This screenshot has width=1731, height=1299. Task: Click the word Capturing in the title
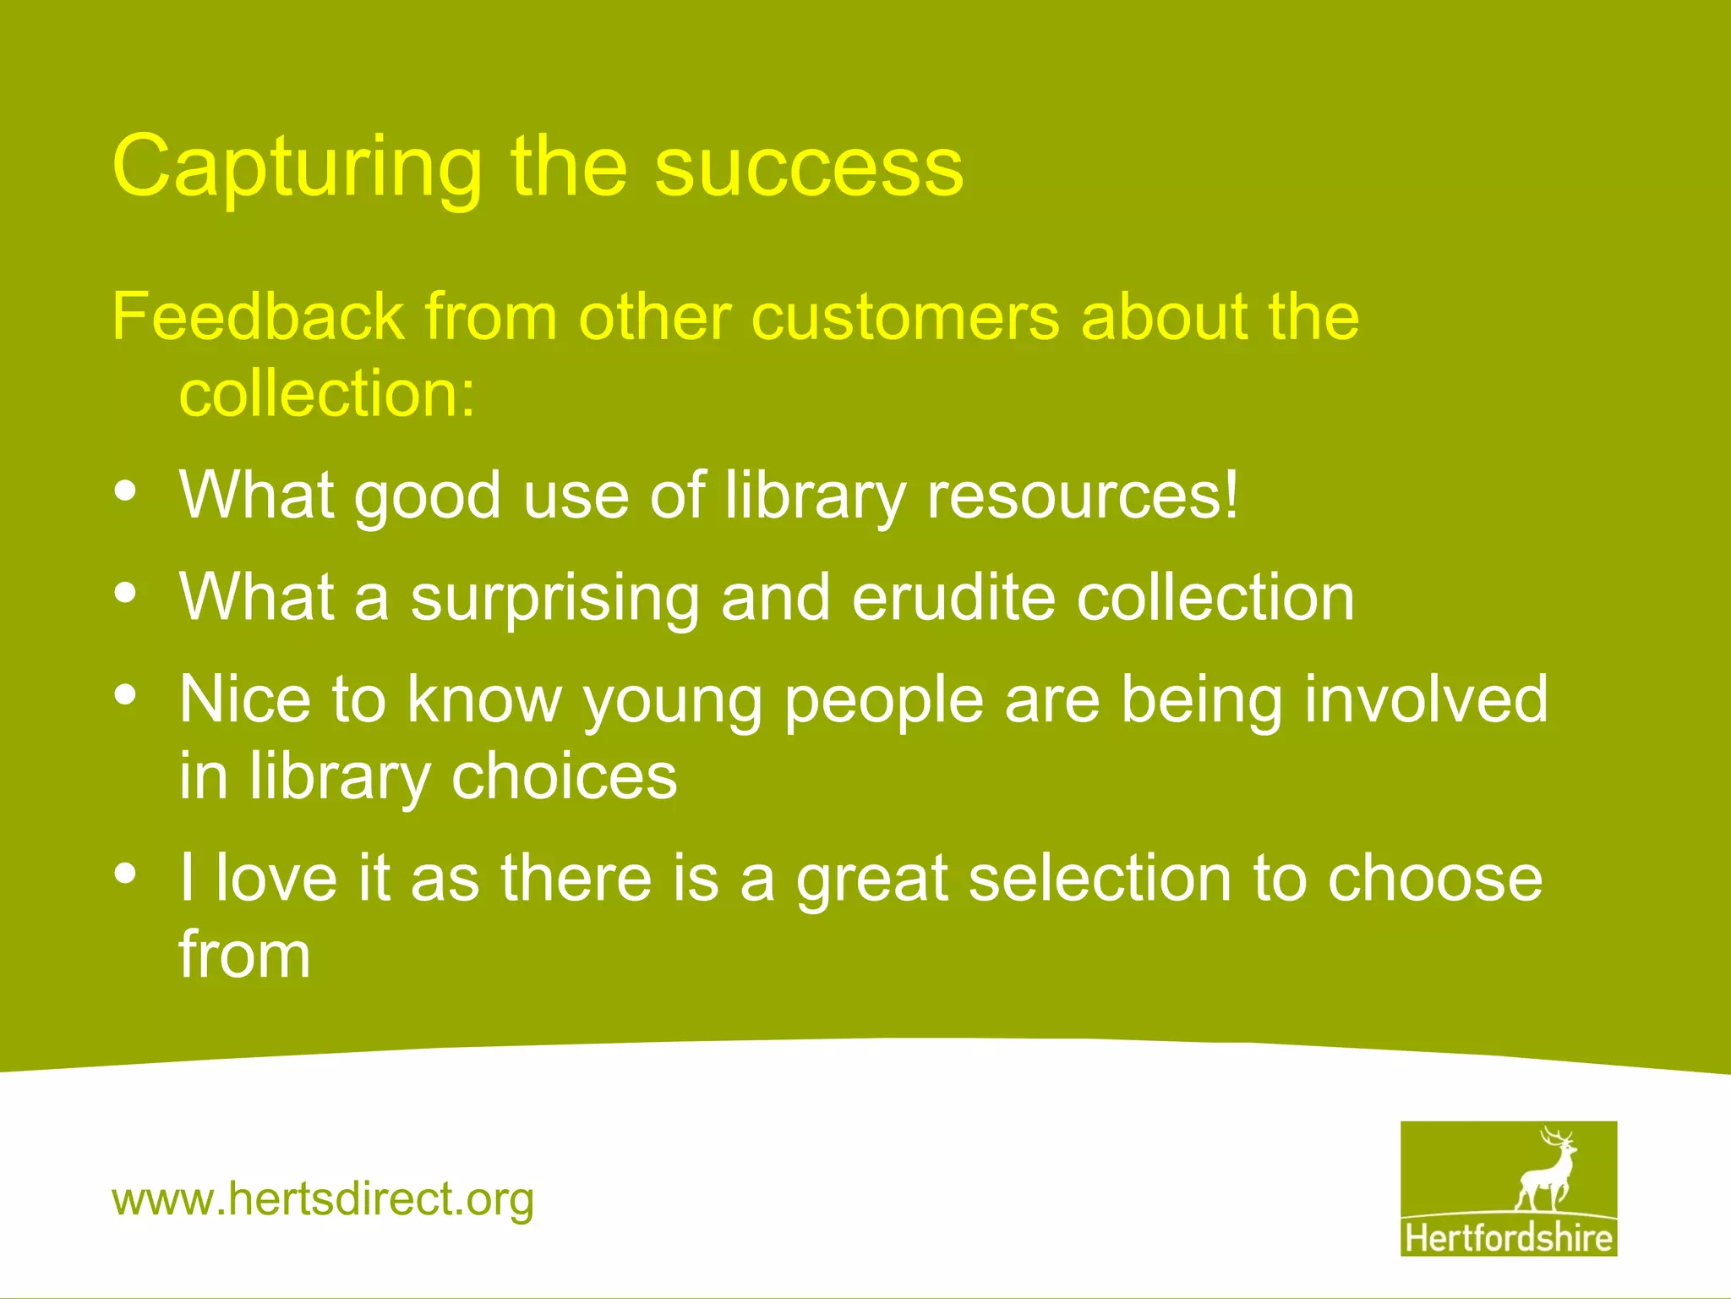pos(296,169)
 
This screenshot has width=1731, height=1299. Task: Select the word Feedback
pos(258,316)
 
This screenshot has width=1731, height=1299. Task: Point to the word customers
pos(904,316)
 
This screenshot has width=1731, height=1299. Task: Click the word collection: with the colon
pos(327,393)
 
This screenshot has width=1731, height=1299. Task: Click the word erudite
pos(953,597)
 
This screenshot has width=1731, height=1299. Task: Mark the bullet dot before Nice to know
pos(125,695)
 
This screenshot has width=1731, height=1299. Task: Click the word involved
pos(1426,699)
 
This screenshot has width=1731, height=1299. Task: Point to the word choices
pos(564,776)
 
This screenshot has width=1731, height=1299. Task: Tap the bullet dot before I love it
pos(125,873)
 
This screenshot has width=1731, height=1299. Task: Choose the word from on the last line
pos(244,954)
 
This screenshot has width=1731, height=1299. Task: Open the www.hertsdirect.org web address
pos(323,1199)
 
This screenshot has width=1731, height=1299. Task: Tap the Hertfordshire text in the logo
pos(1508,1238)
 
